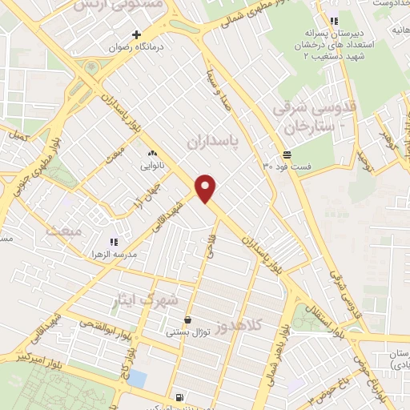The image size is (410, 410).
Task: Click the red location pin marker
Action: pos(207,187)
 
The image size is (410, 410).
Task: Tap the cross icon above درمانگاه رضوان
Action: pos(136,34)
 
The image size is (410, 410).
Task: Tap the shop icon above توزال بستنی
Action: pos(188,318)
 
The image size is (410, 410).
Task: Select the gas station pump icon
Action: pos(178,396)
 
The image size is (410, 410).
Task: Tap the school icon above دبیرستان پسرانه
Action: pos(334,21)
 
